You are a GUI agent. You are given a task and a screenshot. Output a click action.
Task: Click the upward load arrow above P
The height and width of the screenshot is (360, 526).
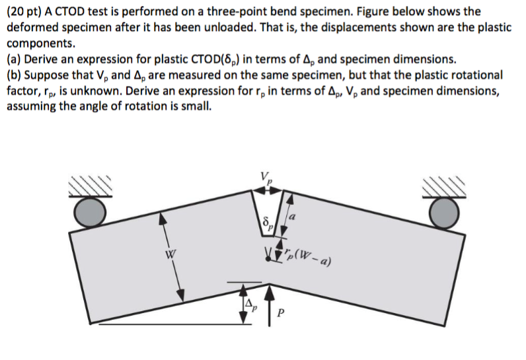click(269, 304)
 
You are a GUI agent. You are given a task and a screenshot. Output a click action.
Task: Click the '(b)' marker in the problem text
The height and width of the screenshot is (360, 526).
click(14, 75)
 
